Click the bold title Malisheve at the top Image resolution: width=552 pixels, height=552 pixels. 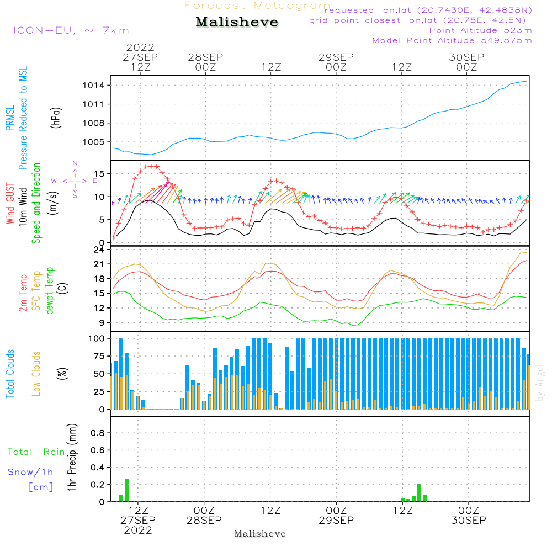[237, 23]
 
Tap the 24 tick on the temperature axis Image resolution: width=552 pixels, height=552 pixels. [102, 250]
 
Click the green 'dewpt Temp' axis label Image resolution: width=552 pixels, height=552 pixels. [50, 290]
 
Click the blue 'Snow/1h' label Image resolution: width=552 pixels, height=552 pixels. [31, 473]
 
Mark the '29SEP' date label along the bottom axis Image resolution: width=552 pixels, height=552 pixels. [336, 520]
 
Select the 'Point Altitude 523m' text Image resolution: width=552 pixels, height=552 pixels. [480, 30]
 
